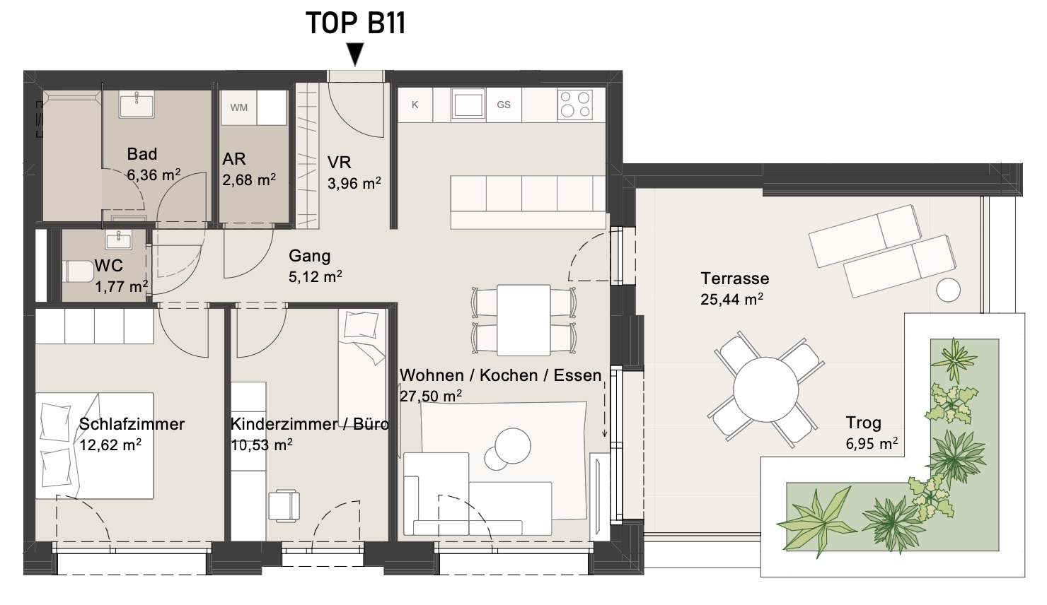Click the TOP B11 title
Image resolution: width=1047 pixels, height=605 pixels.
point(355,23)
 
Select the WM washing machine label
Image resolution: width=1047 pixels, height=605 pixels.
point(239,108)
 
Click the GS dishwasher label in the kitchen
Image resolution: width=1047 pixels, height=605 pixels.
point(504,105)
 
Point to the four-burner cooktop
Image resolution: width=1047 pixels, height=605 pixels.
point(575,105)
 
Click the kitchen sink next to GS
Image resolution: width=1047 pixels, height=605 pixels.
point(468,105)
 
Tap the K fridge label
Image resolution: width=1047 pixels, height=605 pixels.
point(415,105)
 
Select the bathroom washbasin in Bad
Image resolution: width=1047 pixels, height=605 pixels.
point(136,104)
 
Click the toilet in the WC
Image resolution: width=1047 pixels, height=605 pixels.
point(78,271)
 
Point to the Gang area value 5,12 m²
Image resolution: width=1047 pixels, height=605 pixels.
point(315,276)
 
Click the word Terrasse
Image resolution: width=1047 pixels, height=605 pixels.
point(735,278)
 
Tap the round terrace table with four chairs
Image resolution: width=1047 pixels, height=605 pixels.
point(765,389)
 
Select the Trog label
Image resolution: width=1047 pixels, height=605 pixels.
point(863,423)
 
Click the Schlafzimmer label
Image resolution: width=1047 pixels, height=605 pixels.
point(132,424)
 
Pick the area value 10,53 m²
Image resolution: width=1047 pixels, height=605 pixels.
point(262,445)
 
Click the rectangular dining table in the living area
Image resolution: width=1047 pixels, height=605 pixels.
point(523,320)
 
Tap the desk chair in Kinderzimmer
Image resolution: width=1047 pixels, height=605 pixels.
point(284,505)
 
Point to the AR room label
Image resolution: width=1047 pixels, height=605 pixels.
point(233,159)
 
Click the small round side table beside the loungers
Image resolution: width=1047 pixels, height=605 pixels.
point(949,290)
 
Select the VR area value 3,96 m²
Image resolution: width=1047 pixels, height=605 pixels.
point(354,184)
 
